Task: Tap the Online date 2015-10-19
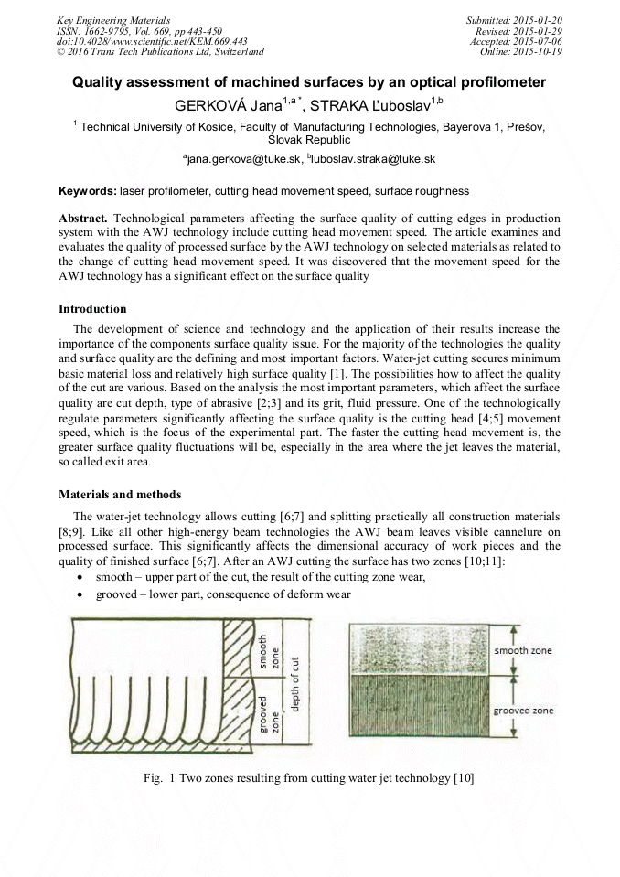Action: (x=541, y=51)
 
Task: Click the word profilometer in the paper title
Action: (x=494, y=82)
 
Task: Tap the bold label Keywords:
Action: (x=88, y=191)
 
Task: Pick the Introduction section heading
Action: (x=92, y=309)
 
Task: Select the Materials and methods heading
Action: (x=120, y=495)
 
